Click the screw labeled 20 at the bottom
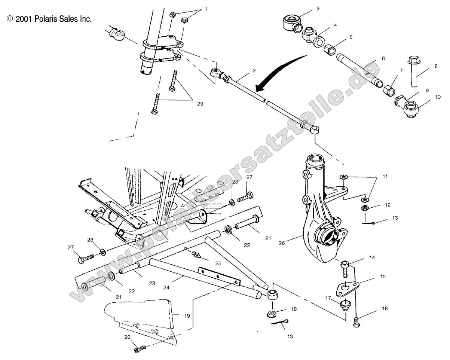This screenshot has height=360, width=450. coord(139,349)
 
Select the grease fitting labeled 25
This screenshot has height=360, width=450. coord(195,254)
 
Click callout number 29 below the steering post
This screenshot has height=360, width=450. coord(200,104)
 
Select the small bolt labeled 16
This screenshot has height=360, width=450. coord(357,322)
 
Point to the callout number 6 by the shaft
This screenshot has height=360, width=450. coord(383,58)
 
